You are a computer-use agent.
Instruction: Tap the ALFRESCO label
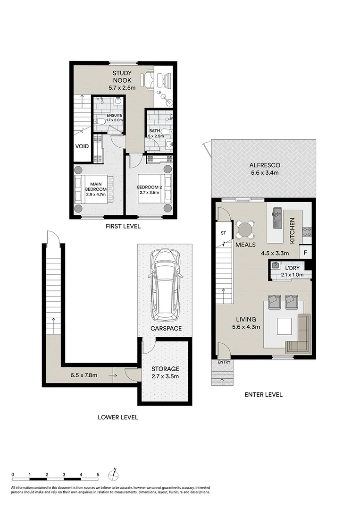[265, 165]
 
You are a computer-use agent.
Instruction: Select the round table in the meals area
[245, 230]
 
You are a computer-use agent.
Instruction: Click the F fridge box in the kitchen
[306, 253]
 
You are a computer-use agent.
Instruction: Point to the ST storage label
[223, 233]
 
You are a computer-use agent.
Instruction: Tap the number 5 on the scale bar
[98, 475]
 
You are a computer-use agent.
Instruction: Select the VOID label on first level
[82, 146]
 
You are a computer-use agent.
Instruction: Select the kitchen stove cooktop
[307, 231]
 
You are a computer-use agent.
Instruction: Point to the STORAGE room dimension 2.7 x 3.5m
[165, 376]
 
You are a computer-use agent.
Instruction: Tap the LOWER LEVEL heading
[117, 417]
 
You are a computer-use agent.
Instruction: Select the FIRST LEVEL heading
[123, 227]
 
